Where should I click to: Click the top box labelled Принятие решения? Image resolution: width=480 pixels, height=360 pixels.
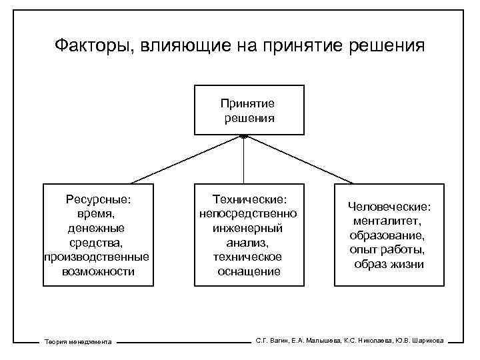(249, 110)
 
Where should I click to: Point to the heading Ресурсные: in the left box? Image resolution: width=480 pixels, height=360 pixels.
(98, 199)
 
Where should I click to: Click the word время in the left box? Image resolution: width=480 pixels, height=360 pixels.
(96, 214)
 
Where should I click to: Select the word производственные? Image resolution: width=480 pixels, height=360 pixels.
(97, 257)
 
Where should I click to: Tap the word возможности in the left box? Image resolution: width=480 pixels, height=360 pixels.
(97, 272)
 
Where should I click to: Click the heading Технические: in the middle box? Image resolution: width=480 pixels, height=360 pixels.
(249, 199)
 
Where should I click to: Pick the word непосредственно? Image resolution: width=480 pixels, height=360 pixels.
(249, 214)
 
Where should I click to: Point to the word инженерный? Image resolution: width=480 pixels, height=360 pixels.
(249, 229)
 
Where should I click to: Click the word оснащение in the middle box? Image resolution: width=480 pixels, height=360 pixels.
(249, 272)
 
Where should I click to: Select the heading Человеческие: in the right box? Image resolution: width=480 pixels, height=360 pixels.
(389, 207)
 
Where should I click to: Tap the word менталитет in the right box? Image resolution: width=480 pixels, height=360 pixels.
(388, 221)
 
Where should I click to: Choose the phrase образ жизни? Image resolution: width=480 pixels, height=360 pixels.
(389, 264)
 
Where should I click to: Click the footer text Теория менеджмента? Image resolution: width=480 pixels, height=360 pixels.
(77, 341)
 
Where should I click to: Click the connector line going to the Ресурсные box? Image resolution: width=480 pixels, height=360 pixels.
(187, 159)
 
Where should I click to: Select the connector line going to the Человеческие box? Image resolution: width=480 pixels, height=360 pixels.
(300, 159)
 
